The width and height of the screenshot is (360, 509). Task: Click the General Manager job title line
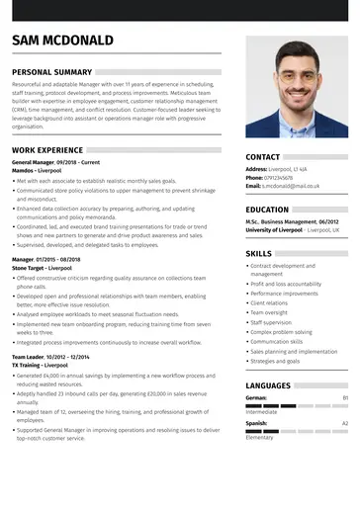click(x=55, y=162)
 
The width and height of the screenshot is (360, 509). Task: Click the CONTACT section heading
click(x=263, y=156)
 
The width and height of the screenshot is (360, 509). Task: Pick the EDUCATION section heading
click(x=267, y=210)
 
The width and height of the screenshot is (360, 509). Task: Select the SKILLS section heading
click(x=259, y=253)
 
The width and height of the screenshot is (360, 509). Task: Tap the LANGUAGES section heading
click(x=268, y=384)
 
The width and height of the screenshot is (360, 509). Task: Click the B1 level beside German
click(x=345, y=397)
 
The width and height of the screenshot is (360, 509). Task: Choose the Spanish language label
click(x=256, y=423)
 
